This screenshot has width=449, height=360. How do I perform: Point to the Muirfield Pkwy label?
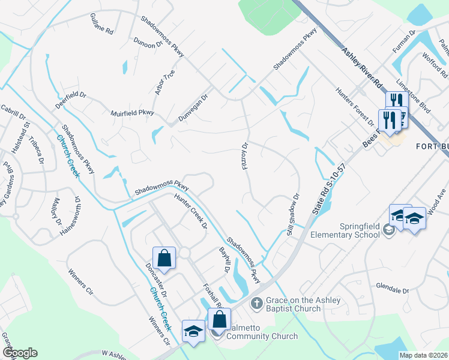(133, 113)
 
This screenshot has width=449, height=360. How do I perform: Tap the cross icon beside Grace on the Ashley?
(256, 304)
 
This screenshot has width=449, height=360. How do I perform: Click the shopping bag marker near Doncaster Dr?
(164, 259)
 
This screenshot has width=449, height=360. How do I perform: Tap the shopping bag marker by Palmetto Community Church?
(219, 320)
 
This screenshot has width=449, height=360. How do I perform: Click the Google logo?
(20, 353)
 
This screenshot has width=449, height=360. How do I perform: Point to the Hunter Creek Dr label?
(191, 211)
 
